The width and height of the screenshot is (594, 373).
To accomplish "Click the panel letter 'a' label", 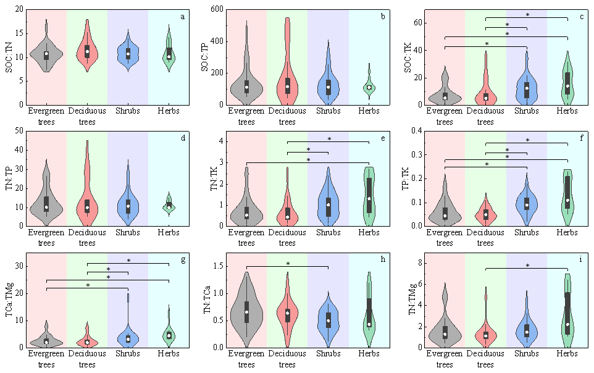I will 183,16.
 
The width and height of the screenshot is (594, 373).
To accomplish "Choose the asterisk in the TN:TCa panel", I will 288,264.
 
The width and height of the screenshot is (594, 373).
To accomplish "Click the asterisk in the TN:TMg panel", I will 527,266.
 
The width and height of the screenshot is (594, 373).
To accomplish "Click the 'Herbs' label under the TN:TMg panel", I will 566,354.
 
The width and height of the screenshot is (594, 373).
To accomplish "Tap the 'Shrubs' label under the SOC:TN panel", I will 128,112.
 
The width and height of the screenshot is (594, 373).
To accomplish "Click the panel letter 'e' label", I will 383,137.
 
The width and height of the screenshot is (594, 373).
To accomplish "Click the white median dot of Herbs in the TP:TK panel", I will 567,200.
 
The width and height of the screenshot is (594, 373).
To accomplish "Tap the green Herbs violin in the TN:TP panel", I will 169,205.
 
